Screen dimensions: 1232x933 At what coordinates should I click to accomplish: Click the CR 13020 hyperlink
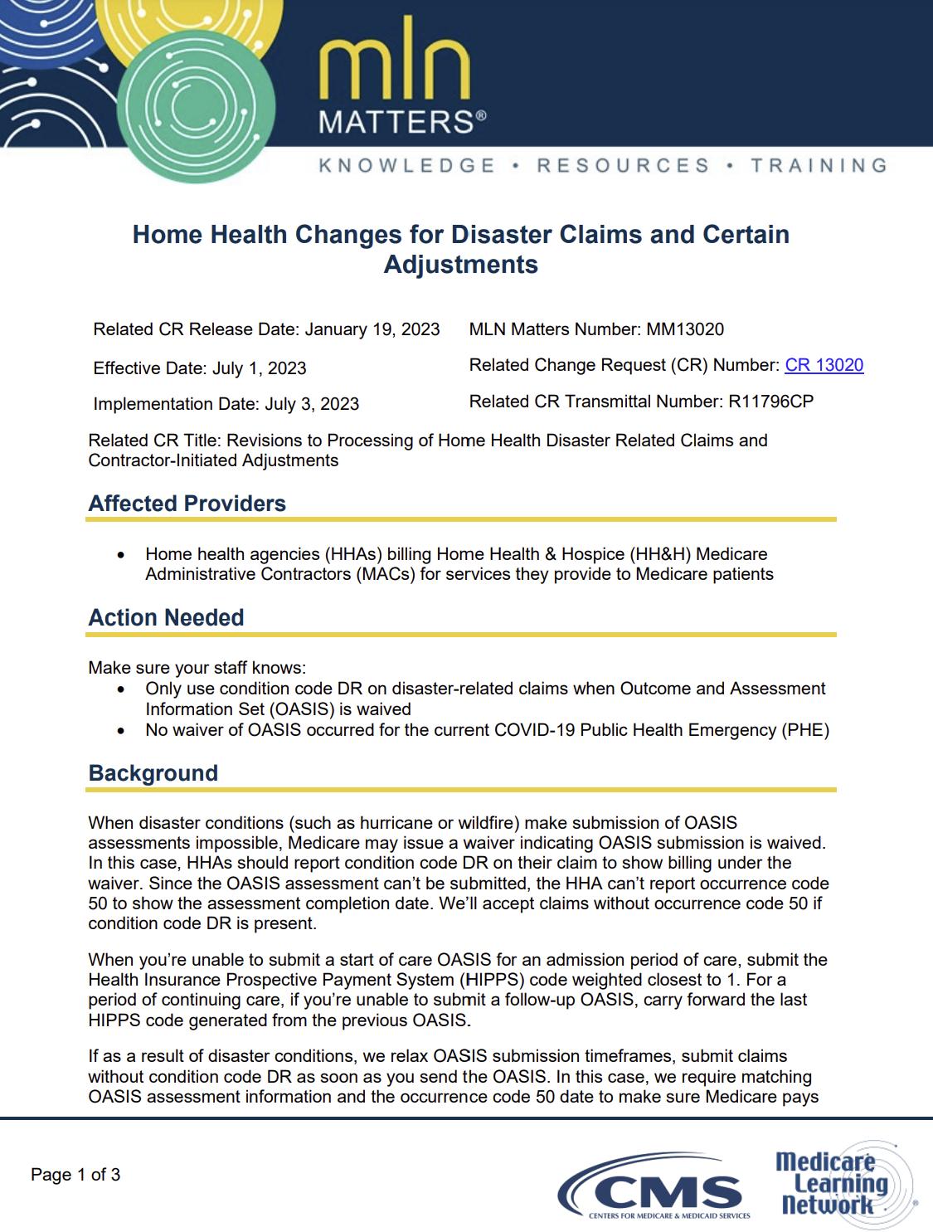pos(824,365)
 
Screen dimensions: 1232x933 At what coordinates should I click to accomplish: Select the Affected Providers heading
pos(187,504)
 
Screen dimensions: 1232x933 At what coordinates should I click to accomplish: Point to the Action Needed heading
pos(167,618)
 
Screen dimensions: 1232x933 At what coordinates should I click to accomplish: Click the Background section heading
pos(153,773)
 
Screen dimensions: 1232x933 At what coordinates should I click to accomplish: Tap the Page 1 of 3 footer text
pos(75,1175)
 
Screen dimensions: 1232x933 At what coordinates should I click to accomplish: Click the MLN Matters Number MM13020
pos(684,329)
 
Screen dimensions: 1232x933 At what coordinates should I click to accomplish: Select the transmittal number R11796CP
pos(770,402)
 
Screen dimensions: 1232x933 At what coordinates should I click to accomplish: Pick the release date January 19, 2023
pos(372,329)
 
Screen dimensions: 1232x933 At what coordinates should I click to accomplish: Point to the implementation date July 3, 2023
pos(312,404)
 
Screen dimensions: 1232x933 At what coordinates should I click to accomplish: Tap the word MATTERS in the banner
pos(396,124)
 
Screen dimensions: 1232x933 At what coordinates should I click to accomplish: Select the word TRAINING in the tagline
pos(819,165)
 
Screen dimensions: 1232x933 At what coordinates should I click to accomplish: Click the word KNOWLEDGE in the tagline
pos(407,165)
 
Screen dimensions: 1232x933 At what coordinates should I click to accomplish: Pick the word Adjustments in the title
pos(460,265)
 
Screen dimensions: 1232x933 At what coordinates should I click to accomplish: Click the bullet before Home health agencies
pos(122,554)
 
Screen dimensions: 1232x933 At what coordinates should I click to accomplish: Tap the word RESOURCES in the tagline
pos(623,165)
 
